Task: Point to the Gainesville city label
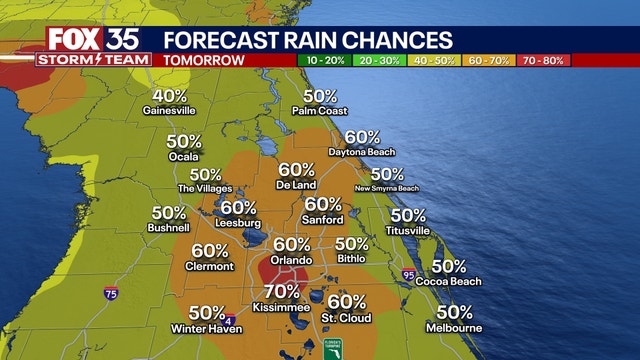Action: point(169,111)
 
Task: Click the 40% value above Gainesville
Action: point(169,97)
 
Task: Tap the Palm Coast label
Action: point(320,111)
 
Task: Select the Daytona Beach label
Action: point(362,152)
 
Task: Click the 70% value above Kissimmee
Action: point(281,292)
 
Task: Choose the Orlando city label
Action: point(291,259)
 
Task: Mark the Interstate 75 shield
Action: point(110,293)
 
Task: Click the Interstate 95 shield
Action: point(408,274)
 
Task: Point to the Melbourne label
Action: point(454,328)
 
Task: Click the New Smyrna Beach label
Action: point(387,188)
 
